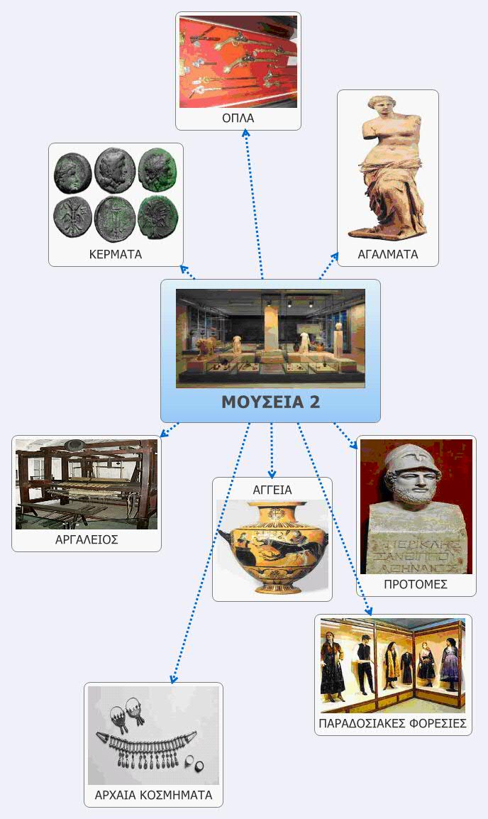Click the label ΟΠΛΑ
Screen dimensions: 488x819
tap(238, 118)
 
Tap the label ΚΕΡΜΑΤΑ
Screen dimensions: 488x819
tap(116, 254)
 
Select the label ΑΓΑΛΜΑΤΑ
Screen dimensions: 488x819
tap(388, 254)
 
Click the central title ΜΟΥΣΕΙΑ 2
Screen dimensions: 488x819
tap(270, 402)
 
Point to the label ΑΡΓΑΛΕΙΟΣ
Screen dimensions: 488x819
tap(87, 539)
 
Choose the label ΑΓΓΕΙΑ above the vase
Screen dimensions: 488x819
tap(272, 490)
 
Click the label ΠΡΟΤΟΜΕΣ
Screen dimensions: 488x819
tap(416, 585)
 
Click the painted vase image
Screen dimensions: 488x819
tap(272, 546)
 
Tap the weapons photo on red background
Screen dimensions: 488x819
tap(238, 62)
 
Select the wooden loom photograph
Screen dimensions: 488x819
tap(86, 484)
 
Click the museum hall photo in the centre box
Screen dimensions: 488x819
tap(270, 339)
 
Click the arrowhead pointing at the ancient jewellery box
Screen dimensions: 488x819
tap(174, 678)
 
